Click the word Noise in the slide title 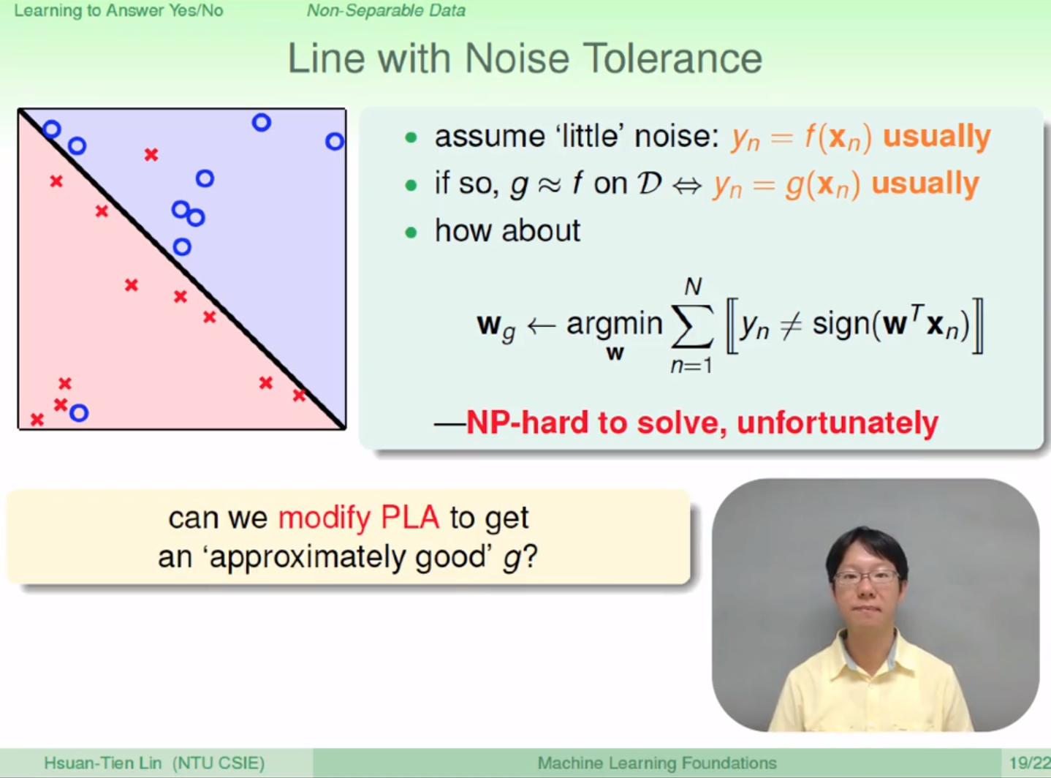pyautogui.click(x=517, y=58)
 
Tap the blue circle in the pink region pyautogui.click(x=79, y=413)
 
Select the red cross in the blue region pyautogui.click(x=151, y=154)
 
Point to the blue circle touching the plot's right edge pyautogui.click(x=335, y=141)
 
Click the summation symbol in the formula pyautogui.click(x=692, y=325)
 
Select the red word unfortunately pyautogui.click(x=838, y=423)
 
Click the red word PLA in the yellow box pyautogui.click(x=410, y=517)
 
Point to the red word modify pyautogui.click(x=324, y=518)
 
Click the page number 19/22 pyautogui.click(x=1029, y=763)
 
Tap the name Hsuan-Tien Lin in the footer pyautogui.click(x=103, y=763)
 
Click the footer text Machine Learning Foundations pyautogui.click(x=657, y=763)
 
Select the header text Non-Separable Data pyautogui.click(x=386, y=10)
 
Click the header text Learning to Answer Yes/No pyautogui.click(x=118, y=10)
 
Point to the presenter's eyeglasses pyautogui.click(x=866, y=577)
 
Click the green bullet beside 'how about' pyautogui.click(x=411, y=233)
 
